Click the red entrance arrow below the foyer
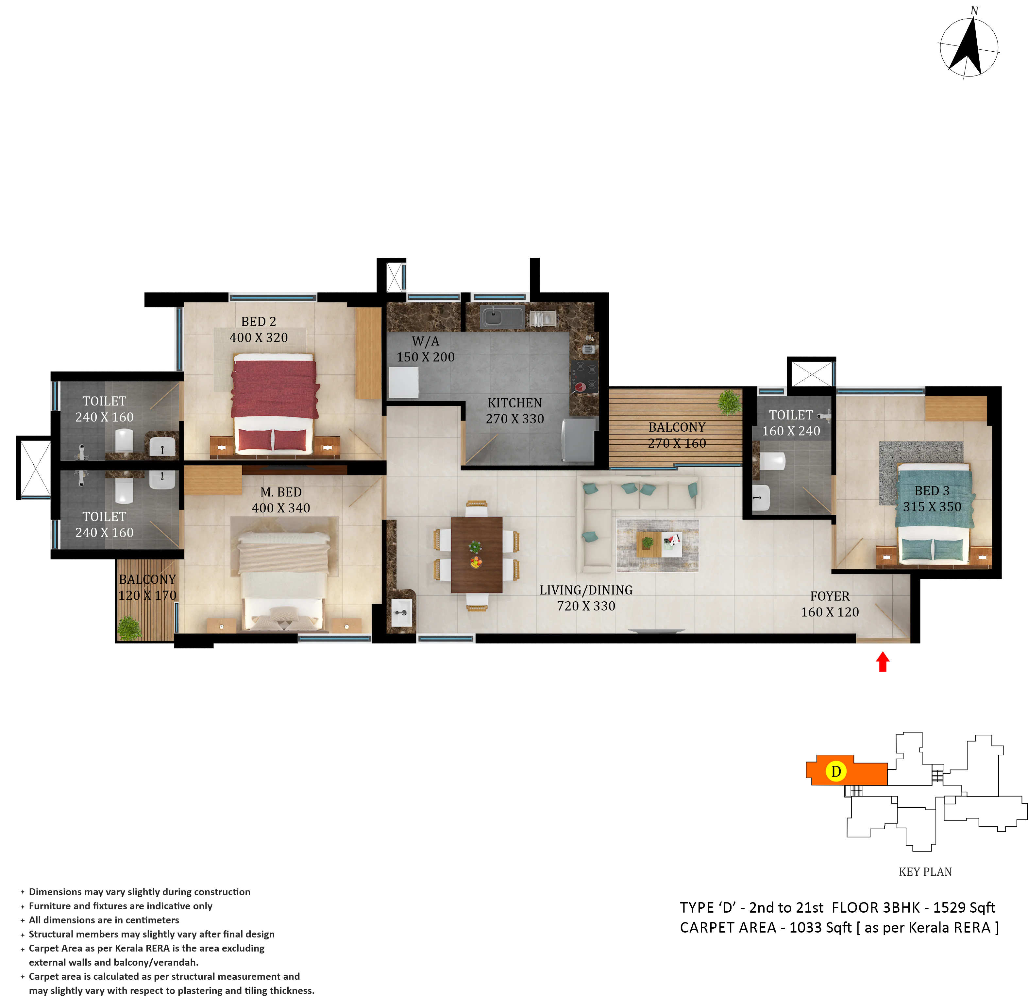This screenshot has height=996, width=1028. pos(883,662)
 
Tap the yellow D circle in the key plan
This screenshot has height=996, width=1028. pos(836,771)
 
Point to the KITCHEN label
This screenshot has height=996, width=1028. pos(514,403)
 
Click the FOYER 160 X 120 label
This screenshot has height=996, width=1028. pos(830,604)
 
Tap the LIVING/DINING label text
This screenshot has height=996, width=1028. pos(586,590)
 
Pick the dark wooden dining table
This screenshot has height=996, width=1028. pos(477,555)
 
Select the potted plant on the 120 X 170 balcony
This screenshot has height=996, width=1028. pos(129,627)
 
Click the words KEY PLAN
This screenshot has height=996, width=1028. pos(925,872)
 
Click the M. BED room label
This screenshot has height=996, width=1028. pos(281,492)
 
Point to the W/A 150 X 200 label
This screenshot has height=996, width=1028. pos(425,349)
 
